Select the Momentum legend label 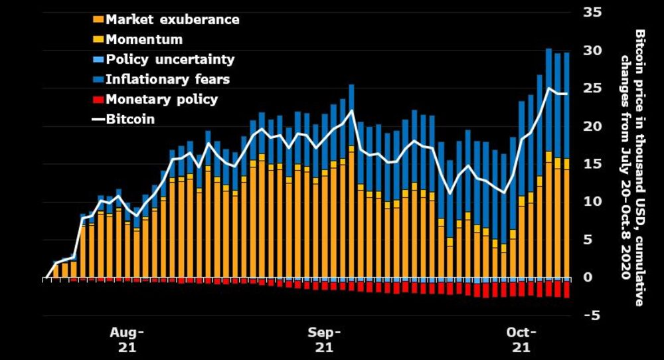144,39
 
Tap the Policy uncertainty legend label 170,59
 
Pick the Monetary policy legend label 161,99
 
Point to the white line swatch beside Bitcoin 100,120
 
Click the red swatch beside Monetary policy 100,100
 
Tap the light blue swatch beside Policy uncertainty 100,60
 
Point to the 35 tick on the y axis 592,13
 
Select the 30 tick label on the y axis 592,50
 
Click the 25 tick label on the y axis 592,88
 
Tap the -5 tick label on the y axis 590,315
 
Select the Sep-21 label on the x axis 325,339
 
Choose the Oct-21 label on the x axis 522,339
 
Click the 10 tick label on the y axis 592,201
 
